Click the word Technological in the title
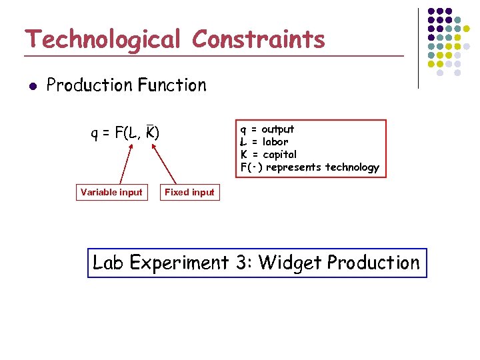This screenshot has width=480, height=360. (x=102, y=40)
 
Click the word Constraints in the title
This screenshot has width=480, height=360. (x=259, y=39)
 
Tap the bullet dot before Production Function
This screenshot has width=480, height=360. (x=31, y=85)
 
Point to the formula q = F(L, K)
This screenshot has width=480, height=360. (x=125, y=133)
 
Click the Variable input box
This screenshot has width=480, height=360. (x=111, y=193)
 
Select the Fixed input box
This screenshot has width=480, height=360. (x=189, y=193)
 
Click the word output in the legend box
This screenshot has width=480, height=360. (x=277, y=129)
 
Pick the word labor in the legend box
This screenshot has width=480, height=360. (x=275, y=142)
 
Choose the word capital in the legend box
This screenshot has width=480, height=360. (x=279, y=155)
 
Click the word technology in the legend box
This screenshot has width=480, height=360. (x=351, y=167)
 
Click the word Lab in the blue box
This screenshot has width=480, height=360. (x=109, y=263)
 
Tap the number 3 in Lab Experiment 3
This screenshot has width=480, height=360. (x=241, y=263)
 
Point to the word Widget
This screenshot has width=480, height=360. (x=290, y=263)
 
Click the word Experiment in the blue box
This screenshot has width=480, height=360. (x=179, y=263)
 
